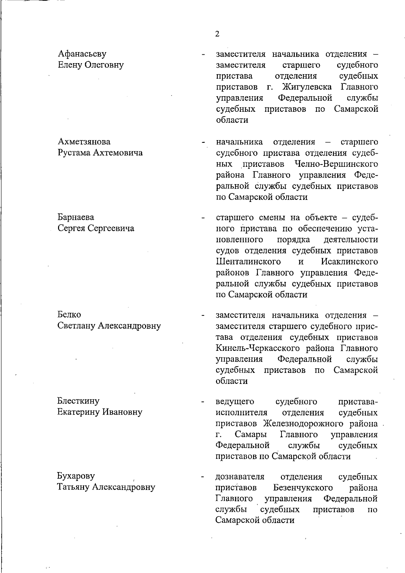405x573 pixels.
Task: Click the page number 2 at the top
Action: (217, 34)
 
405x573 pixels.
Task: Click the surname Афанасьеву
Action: (82, 54)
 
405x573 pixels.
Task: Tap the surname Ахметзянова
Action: (84, 141)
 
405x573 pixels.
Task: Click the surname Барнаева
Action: (76, 217)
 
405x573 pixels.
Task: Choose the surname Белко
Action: (69, 315)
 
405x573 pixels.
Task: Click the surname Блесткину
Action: (78, 401)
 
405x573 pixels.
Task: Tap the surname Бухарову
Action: (76, 476)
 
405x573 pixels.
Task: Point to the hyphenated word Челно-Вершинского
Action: (336, 164)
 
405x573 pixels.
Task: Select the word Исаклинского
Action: (349, 262)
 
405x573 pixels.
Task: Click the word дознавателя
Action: (240, 476)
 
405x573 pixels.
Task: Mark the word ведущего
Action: (235, 401)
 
